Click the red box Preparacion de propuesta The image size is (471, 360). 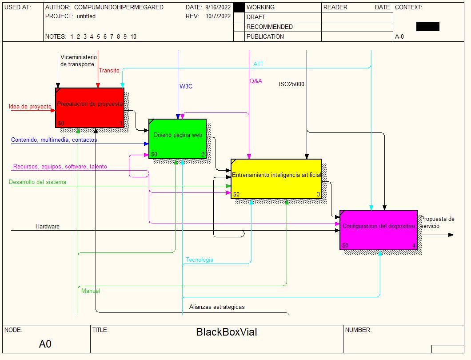coord(89,108)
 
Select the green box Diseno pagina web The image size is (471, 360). coord(177,138)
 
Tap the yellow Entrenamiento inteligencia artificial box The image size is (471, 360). coord(276,179)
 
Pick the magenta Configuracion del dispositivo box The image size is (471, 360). coord(378,230)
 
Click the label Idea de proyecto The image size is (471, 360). coord(30,107)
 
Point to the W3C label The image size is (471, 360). coord(186,86)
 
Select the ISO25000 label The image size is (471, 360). coord(291,84)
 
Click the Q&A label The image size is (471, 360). coord(255,81)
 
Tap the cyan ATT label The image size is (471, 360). coord(258,64)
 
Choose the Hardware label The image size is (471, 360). coord(47,227)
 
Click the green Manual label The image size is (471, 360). coord(91,291)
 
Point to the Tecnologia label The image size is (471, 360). coord(200,260)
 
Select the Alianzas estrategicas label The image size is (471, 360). coord(217,307)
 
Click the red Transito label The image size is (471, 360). coord(109,70)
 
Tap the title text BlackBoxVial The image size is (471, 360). coord(227,332)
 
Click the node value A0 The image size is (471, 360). coord(45,344)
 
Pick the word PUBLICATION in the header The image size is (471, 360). coord(265,36)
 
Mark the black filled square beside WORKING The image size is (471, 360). coord(239,8)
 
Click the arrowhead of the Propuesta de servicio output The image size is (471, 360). coord(451,235)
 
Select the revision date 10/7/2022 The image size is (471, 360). coord(218,16)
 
